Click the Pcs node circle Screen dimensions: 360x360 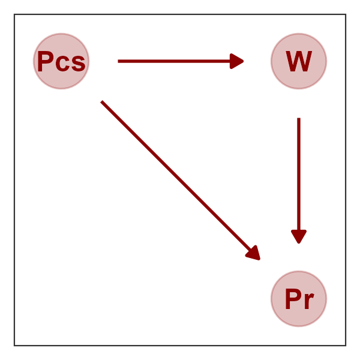[61, 61]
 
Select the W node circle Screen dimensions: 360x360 [299, 61]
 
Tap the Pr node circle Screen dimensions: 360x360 [299, 299]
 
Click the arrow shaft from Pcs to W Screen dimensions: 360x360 [174, 61]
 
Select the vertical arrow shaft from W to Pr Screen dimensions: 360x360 [299, 174]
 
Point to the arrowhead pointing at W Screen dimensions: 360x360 [238, 61]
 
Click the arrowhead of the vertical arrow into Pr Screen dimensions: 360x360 [299, 237]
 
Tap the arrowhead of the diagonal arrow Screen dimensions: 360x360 [254, 253]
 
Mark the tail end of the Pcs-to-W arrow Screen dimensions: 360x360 [119, 61]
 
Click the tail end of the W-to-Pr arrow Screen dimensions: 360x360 [299, 119]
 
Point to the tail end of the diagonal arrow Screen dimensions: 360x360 [102, 102]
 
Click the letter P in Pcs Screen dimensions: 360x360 [44, 61]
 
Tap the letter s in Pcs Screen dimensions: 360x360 [78, 64]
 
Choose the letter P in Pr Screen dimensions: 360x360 [292, 299]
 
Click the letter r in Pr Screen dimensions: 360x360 [308, 301]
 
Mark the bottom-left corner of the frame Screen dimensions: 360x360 [14, 346]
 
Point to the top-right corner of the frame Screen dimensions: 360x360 [346, 14]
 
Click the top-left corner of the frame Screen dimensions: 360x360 [14, 14]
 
